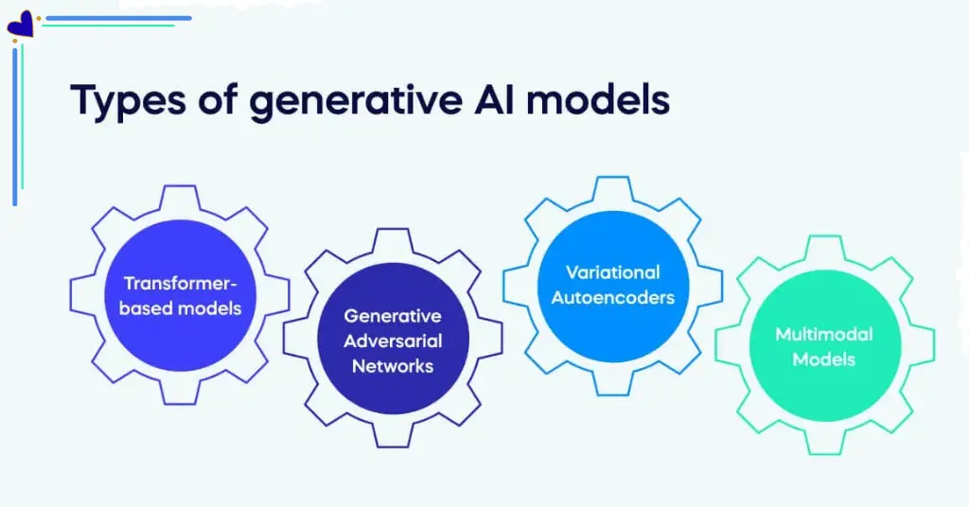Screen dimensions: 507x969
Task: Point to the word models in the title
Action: coord(606,100)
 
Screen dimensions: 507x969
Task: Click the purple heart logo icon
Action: coord(20,25)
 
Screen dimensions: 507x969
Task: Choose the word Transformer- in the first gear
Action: coord(180,284)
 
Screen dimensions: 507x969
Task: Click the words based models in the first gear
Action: coord(180,307)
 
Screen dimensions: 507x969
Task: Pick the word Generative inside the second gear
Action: coord(392,316)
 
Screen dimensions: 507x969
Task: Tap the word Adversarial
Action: coord(392,341)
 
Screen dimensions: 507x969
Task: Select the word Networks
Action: coord(392,365)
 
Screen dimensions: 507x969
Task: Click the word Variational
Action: coord(612,272)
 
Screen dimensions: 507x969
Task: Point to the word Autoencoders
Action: coord(612,297)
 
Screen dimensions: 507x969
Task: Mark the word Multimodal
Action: coord(823,334)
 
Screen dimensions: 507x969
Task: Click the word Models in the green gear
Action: coord(823,358)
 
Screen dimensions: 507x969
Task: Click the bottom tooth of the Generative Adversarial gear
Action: coord(392,434)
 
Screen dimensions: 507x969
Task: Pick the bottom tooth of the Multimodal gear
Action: coord(823,442)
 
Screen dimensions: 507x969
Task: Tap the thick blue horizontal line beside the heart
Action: coord(118,18)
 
